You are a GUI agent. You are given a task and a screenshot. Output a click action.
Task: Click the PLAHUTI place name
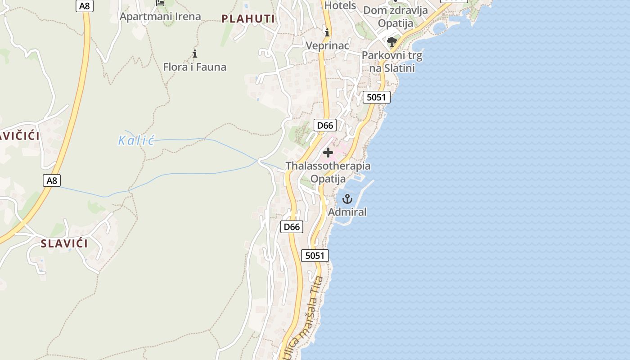[248, 18]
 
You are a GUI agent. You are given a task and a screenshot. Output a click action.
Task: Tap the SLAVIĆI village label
[64, 243]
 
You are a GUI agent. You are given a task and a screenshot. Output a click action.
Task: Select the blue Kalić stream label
[136, 140]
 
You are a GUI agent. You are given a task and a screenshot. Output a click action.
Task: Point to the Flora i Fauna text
[194, 67]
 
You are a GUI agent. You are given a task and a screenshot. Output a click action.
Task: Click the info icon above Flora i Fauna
[195, 54]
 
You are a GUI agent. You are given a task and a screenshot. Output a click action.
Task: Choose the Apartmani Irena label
[160, 17]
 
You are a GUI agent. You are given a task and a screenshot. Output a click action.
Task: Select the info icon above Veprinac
[327, 32]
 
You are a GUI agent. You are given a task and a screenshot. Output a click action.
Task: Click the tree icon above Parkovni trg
[392, 42]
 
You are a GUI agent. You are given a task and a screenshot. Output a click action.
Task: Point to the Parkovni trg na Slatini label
[392, 62]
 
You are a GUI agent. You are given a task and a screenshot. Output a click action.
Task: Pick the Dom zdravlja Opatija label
[395, 17]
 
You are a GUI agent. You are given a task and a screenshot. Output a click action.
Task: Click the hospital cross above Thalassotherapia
[328, 153]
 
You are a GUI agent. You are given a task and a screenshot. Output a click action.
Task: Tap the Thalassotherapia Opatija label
[328, 172]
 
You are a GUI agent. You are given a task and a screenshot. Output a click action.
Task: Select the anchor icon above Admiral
[347, 198]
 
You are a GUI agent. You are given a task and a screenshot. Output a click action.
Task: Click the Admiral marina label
[347, 212]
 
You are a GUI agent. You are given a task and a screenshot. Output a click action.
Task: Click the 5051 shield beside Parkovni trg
[377, 97]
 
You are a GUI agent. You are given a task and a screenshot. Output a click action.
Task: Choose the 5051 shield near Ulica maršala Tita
[315, 256]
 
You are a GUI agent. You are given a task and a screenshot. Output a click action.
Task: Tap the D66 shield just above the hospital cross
[324, 125]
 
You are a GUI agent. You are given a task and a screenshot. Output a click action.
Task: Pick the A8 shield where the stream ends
[52, 180]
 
